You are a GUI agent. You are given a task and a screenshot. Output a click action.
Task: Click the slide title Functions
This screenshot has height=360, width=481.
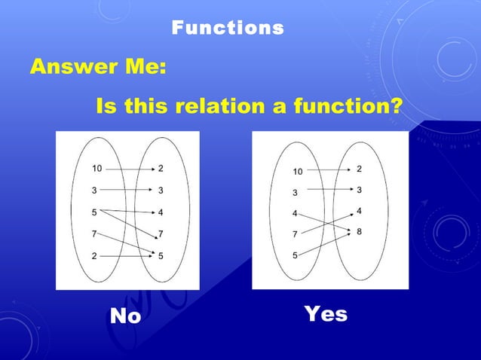pos(228,29)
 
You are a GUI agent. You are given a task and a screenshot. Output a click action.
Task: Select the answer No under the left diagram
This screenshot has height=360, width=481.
pos(125,316)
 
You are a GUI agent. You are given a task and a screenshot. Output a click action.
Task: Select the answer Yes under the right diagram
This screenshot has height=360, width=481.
pos(326,313)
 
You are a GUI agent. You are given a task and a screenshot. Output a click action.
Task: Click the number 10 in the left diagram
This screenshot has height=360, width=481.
pos(97,168)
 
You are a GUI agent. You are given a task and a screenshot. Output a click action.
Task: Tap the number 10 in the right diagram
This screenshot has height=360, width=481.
pos(298,172)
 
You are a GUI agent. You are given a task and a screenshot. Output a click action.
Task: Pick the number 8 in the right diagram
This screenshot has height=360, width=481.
pos(359,231)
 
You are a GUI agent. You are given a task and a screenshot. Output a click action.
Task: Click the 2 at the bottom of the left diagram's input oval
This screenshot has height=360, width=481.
pos(94,256)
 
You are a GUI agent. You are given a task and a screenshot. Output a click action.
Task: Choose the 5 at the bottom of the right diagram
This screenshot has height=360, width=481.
pos(295,256)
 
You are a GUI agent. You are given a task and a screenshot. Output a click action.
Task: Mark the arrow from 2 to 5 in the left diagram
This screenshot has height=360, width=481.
pos(128,256)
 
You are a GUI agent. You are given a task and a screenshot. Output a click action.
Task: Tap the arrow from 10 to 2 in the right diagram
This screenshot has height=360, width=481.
pos(328,170)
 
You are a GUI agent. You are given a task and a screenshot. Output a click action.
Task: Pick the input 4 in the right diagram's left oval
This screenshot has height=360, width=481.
pos(295,214)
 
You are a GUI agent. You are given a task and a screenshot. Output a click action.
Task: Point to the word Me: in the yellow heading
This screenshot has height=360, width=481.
pos(141,67)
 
